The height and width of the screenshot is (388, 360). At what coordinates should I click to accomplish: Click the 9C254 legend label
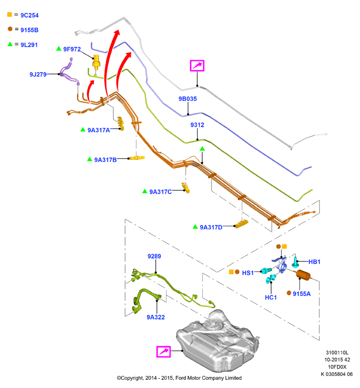(x=30, y=15)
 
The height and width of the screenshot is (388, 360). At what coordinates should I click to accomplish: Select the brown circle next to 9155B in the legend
(x=10, y=29)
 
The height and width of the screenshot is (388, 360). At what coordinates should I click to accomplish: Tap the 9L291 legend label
(x=29, y=45)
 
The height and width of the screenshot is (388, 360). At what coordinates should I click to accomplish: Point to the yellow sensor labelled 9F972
(x=96, y=62)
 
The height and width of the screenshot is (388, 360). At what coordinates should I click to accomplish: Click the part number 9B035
(x=188, y=99)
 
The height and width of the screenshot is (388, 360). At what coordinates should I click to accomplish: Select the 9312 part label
(x=197, y=125)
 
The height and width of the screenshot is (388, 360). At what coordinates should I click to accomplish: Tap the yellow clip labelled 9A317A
(x=121, y=124)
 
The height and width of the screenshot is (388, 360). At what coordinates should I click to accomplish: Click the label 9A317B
(x=105, y=160)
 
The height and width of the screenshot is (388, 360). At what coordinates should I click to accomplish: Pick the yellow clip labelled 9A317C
(x=186, y=188)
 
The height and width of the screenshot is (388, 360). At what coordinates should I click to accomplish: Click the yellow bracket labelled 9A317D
(x=242, y=224)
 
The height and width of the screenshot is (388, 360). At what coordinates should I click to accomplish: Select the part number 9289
(x=154, y=256)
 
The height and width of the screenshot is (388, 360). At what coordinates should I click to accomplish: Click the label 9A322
(x=156, y=317)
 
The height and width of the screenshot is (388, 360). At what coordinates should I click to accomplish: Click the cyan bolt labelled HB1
(x=295, y=262)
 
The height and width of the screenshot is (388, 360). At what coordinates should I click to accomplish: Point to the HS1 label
(x=248, y=273)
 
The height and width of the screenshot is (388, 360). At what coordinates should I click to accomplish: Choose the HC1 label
(x=271, y=298)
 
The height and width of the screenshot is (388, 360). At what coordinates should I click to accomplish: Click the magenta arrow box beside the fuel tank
(x=164, y=352)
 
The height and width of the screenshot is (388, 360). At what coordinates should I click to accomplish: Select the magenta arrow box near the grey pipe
(x=197, y=65)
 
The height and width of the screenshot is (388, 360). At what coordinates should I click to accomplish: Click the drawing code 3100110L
(x=337, y=353)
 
